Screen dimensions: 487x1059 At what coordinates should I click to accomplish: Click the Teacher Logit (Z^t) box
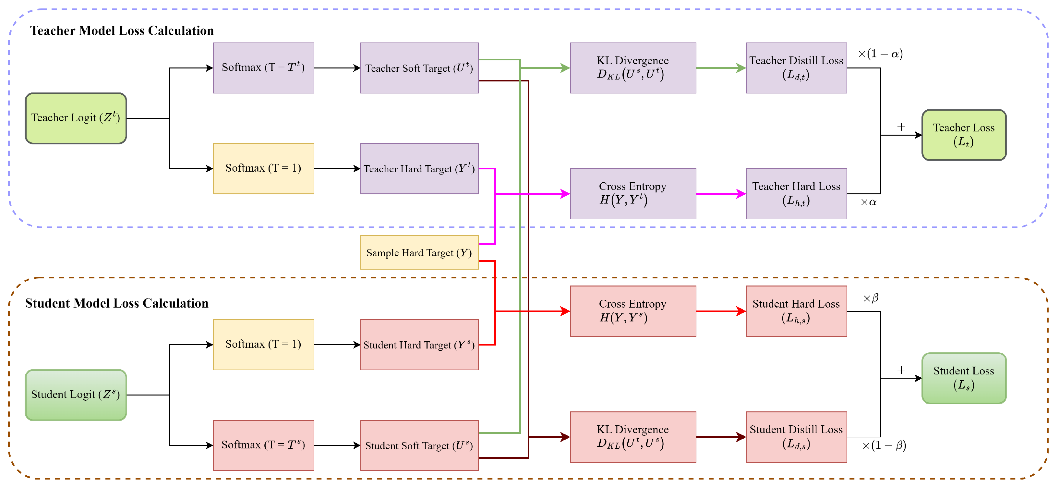pos(76,118)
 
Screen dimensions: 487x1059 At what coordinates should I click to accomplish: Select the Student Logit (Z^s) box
pos(76,395)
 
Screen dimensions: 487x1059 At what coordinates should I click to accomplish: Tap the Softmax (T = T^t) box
pos(263,68)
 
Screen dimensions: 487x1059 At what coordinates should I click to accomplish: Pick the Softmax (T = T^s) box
pos(263,445)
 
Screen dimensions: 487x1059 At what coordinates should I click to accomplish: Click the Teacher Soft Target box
pos(419,68)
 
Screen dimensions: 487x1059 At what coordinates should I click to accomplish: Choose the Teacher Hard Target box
pos(419,169)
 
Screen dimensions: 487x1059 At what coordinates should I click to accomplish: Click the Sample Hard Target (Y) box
pos(419,252)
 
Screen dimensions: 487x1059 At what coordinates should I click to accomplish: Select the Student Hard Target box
pos(419,345)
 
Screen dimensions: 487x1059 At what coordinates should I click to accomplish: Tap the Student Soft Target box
pos(419,445)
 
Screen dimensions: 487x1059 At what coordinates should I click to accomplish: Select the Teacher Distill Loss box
pos(796,68)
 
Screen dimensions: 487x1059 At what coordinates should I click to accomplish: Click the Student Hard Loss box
pos(796,311)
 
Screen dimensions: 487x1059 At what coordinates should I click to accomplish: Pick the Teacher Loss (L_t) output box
pos(964,135)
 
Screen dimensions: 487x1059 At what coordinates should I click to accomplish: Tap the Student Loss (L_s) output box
pos(964,378)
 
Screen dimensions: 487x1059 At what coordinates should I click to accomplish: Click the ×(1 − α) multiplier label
pos(880,54)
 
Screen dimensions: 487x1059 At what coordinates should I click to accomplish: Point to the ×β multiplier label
pos(871,298)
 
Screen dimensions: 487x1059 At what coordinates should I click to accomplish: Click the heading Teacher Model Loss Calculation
pos(122,31)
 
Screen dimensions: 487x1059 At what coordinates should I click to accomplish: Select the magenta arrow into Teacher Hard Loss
pos(720,194)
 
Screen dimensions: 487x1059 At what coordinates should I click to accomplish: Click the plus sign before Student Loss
pos(901,370)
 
